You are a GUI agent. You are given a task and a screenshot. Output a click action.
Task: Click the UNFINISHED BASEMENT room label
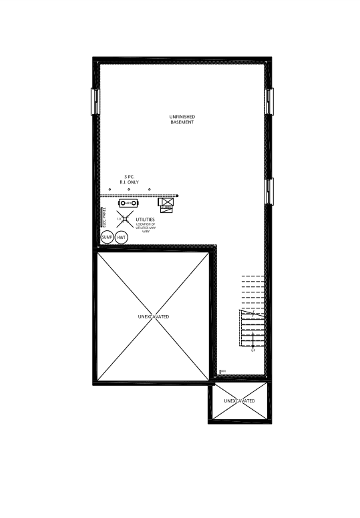point(182,119)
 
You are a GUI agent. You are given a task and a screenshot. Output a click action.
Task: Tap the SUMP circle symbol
point(107,238)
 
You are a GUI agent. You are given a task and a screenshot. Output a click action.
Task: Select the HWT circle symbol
point(122,238)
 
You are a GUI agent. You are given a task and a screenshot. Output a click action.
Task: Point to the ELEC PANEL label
point(103,219)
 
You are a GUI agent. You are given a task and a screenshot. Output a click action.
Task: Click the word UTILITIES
point(145,219)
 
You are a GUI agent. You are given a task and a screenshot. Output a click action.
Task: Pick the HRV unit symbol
point(129,203)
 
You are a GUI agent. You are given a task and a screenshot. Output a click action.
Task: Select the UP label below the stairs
point(253,350)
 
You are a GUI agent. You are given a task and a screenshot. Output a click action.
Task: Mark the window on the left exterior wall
point(94,101)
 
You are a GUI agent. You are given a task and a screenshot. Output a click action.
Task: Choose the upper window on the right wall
point(269,101)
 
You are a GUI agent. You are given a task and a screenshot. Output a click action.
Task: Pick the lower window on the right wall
point(269,192)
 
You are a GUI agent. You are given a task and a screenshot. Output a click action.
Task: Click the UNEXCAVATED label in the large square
point(154,316)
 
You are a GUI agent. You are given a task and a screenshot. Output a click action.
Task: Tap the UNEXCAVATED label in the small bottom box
point(240,401)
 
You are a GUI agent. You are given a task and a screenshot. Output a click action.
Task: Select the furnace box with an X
point(166,203)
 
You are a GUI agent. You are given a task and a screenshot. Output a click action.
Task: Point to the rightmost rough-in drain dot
point(150,190)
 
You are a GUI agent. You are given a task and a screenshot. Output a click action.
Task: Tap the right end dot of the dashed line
point(177,196)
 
